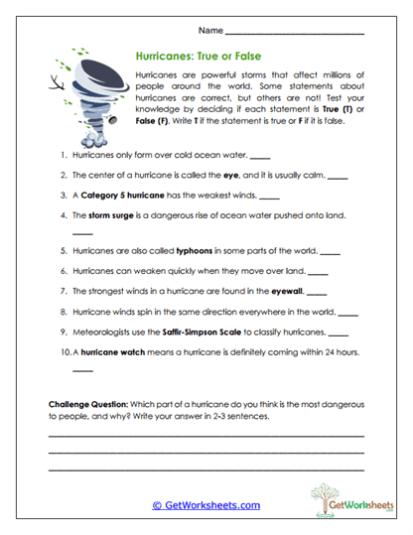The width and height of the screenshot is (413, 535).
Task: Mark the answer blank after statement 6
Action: click(x=318, y=273)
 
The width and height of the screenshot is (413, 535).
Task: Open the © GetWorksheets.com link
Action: click(x=206, y=505)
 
